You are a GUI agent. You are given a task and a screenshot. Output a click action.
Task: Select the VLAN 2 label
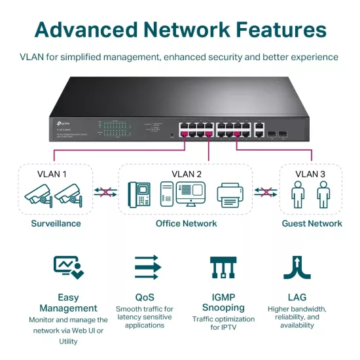186,174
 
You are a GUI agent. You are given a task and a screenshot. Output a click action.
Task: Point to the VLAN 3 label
310,174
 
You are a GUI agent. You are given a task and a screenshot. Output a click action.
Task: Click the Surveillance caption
56,223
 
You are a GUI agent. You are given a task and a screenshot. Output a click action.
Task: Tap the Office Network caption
186,223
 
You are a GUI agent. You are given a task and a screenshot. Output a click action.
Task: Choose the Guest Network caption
312,223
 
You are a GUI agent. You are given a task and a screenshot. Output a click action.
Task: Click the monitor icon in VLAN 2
191,194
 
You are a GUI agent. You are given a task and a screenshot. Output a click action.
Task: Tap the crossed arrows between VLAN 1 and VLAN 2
105,192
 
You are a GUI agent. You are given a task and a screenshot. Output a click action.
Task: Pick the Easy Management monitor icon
68,267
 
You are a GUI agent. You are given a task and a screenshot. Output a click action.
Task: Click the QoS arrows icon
147,267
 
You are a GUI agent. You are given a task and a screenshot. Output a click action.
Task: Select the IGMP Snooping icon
222,267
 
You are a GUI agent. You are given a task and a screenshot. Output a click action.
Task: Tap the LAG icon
297,267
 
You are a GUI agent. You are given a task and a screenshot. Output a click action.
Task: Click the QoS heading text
145,297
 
